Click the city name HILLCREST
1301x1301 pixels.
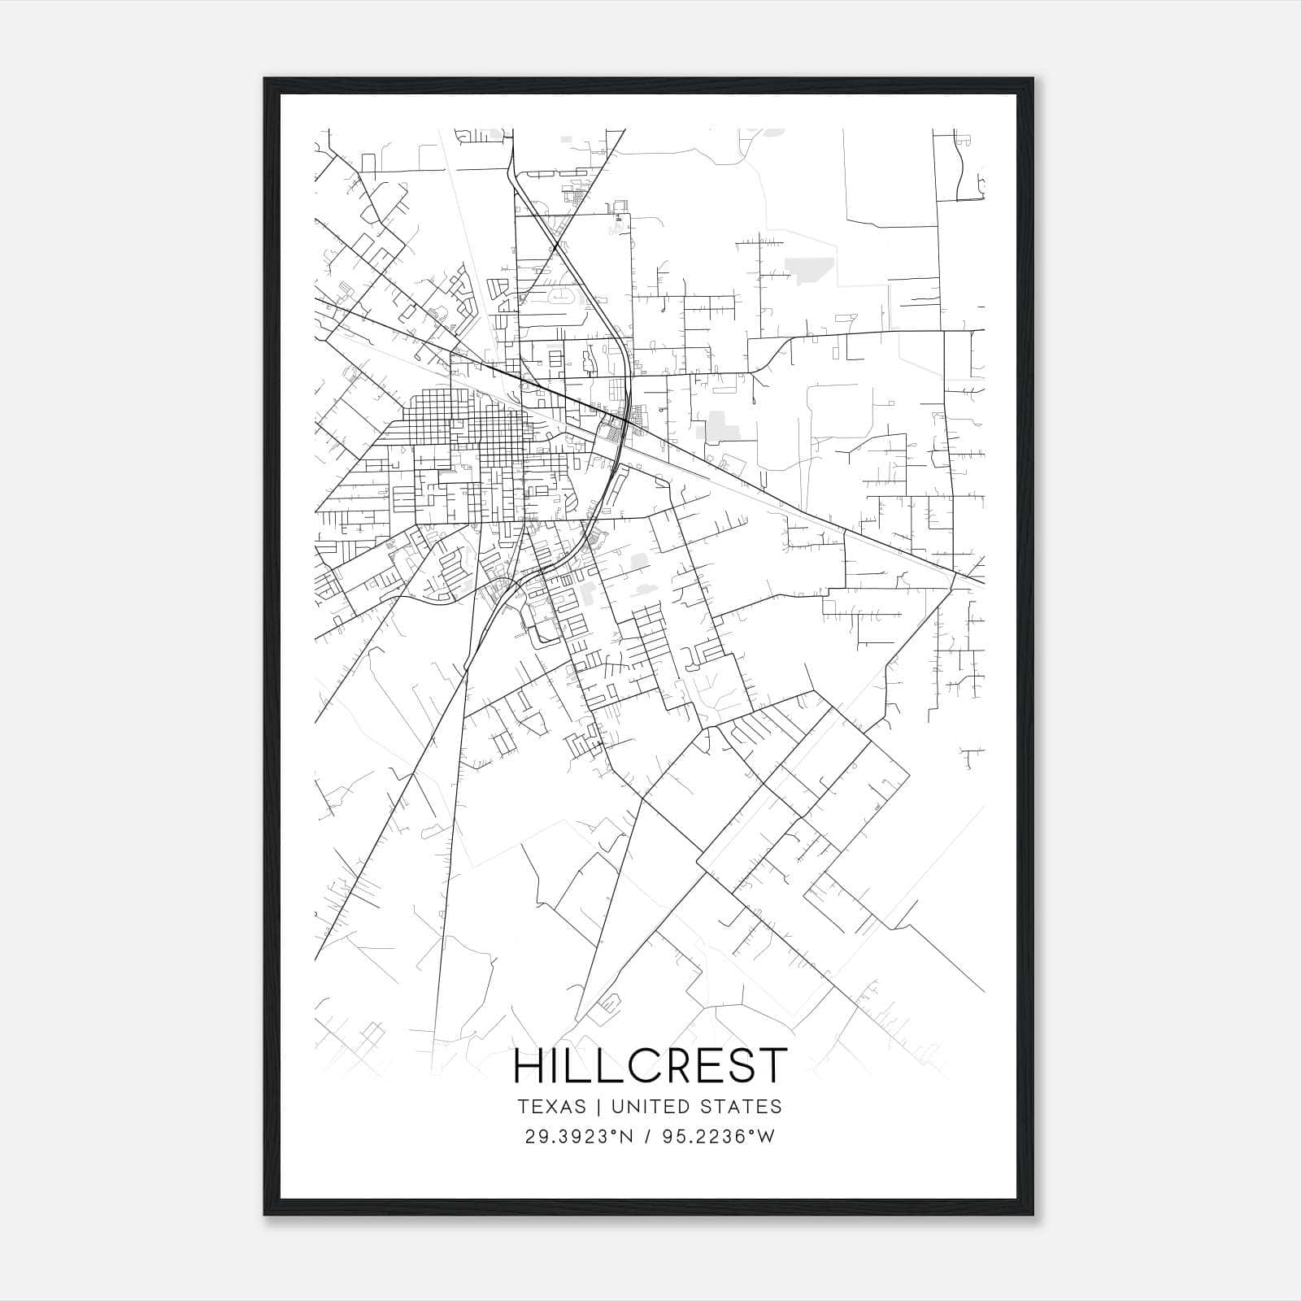click(650, 1066)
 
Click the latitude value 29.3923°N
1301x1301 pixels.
click(579, 1137)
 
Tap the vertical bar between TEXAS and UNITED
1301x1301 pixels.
click(598, 1107)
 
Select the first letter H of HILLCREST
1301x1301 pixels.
click(529, 1066)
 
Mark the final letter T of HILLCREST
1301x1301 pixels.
click(773, 1066)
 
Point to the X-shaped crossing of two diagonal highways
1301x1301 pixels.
click(555, 246)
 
